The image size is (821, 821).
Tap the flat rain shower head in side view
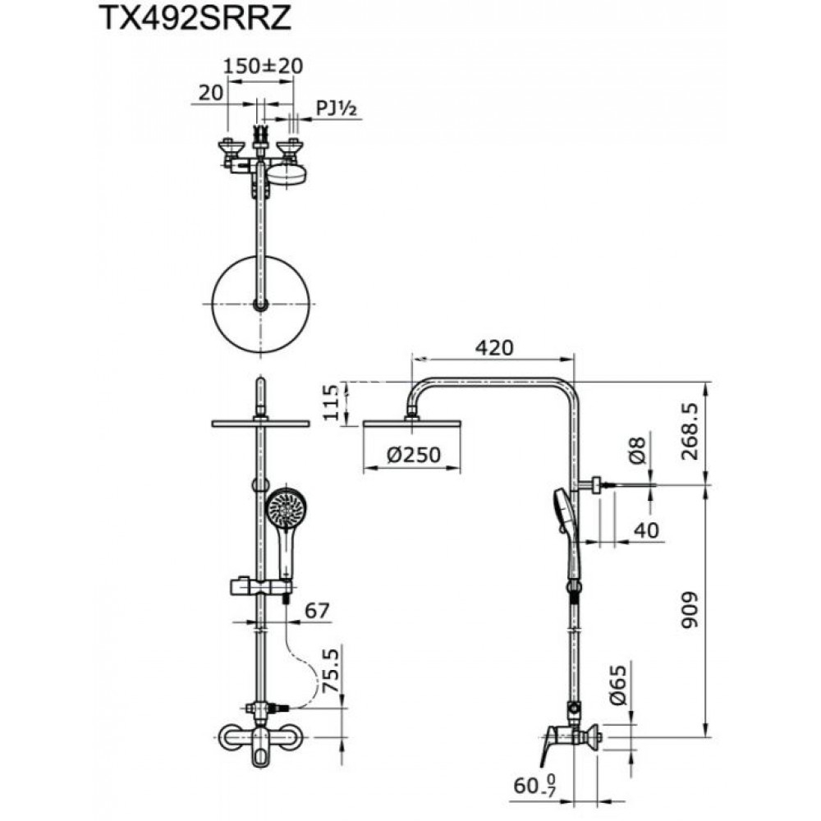point(413,424)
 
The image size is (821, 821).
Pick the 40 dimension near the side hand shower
point(646,530)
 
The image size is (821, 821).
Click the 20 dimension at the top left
point(211,93)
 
